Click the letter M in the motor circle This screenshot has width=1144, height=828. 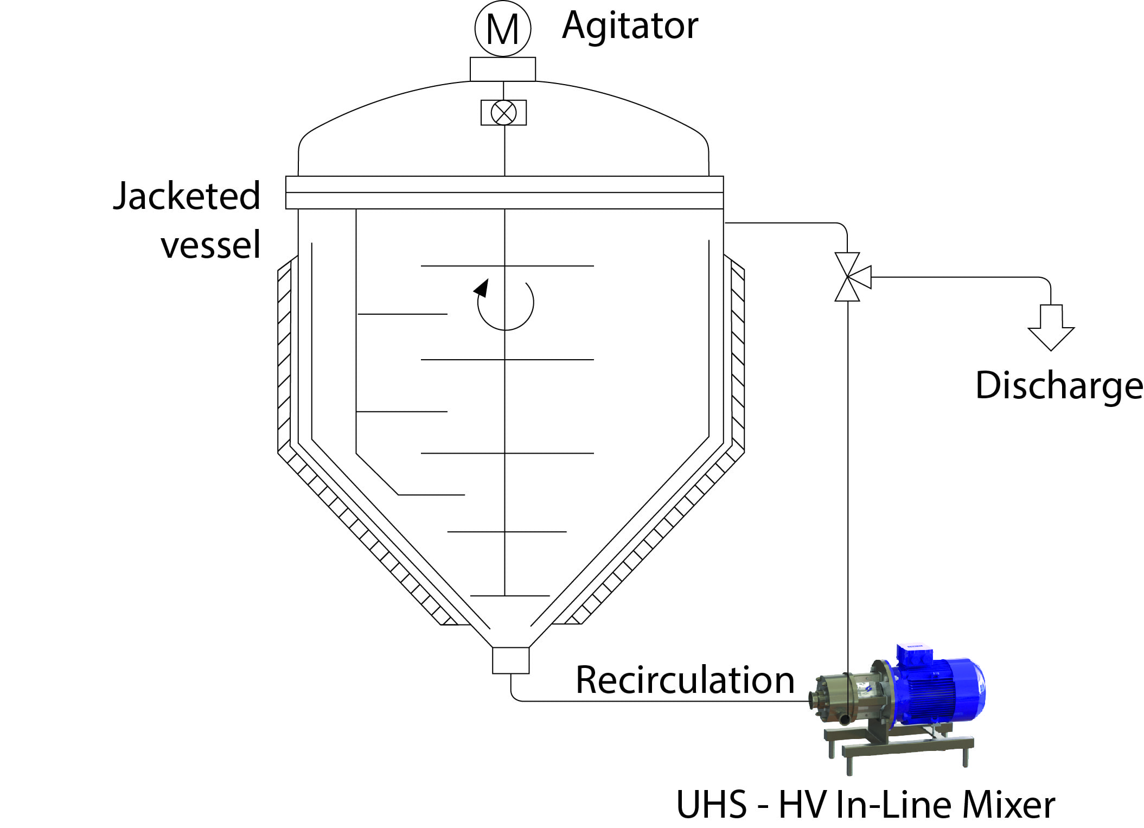click(x=503, y=30)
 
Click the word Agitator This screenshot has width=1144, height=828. click(x=630, y=26)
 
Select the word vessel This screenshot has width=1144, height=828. click(x=211, y=245)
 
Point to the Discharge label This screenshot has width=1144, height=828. click(x=1059, y=386)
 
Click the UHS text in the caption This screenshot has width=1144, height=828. click(x=711, y=805)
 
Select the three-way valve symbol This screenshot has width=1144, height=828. click(x=852, y=277)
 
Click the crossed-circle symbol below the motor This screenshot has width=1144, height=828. click(x=503, y=113)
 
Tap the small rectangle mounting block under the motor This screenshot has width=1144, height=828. click(x=503, y=69)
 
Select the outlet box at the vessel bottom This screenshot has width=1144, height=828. click(x=511, y=660)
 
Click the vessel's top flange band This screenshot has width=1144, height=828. click(x=504, y=193)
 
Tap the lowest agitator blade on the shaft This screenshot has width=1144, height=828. click(x=510, y=596)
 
